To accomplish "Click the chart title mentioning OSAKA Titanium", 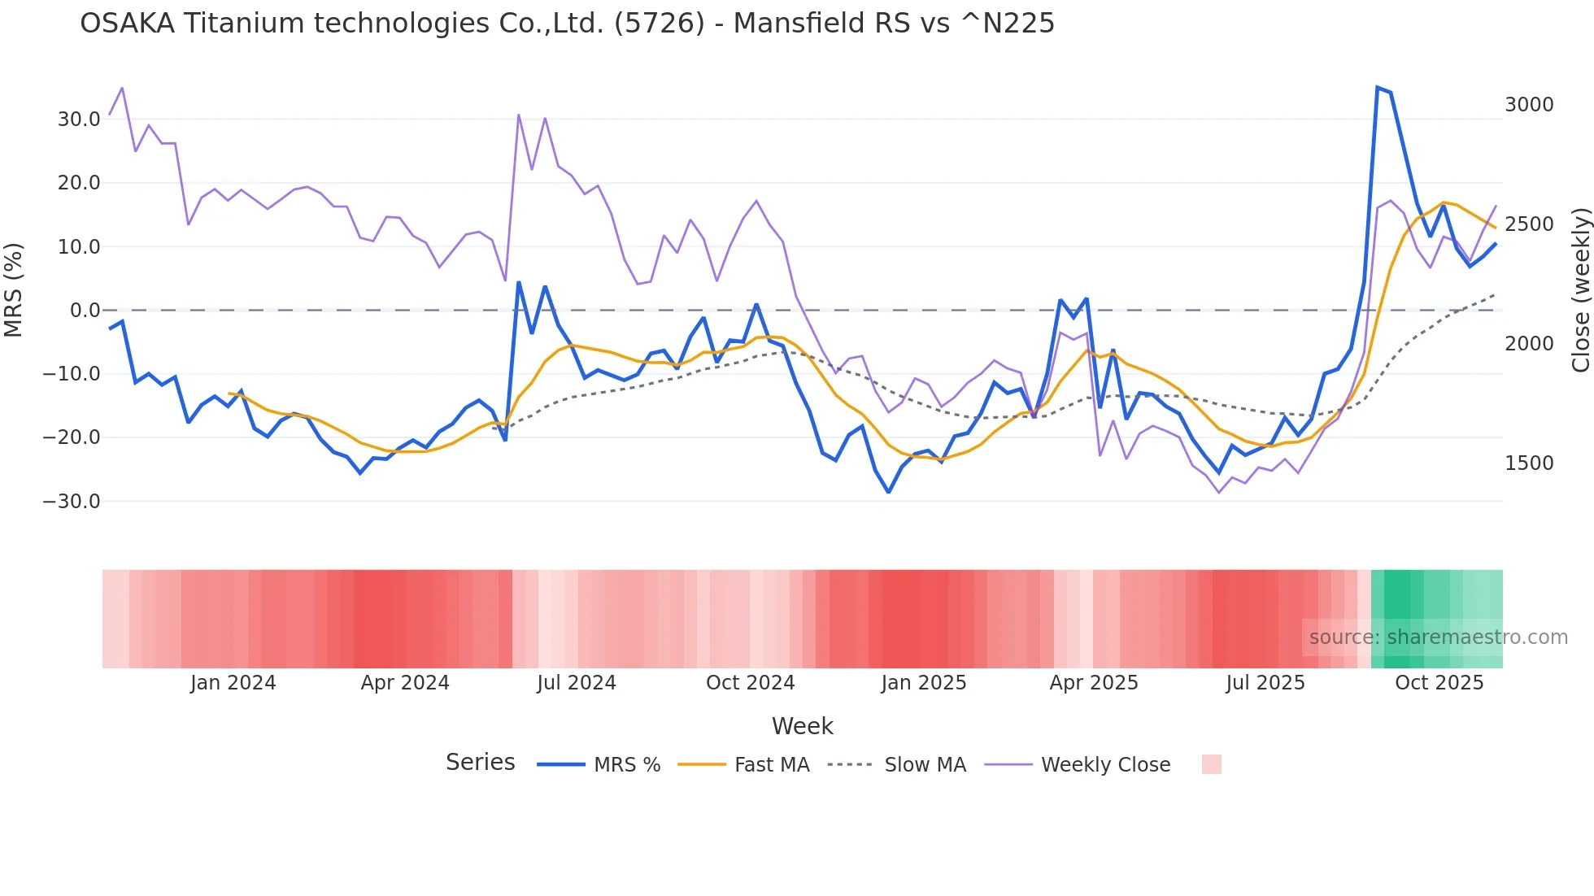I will (567, 24).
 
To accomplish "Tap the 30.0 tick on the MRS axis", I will (79, 120).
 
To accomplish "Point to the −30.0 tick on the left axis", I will (72, 502).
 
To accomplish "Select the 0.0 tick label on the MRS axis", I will (85, 311).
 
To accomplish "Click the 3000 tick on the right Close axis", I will (1529, 105).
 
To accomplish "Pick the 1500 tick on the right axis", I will (1529, 463).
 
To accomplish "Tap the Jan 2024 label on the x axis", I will (233, 683).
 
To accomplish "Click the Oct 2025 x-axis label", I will (1439, 683).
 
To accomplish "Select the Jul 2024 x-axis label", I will (577, 683).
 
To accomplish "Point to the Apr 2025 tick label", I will (1094, 683).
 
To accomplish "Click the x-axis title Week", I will (802, 726).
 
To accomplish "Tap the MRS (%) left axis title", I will (14, 289).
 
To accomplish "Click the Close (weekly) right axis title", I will (1580, 289).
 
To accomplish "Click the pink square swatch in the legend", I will (1211, 764).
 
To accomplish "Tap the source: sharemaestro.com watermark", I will (1438, 637).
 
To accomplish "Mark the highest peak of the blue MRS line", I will (1377, 87).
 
